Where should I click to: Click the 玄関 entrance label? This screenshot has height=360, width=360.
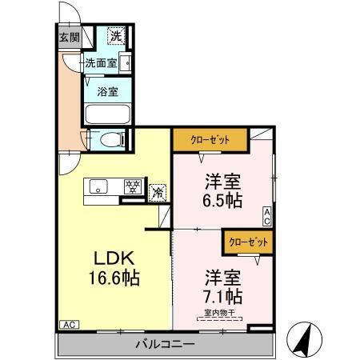pyautogui.click(x=70, y=37)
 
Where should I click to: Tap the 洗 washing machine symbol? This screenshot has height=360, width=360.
pyautogui.click(x=116, y=36)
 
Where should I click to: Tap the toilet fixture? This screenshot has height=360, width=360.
pyautogui.click(x=109, y=140)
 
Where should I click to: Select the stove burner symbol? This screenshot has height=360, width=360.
pyautogui.click(x=133, y=187)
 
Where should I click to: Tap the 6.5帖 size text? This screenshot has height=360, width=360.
pyautogui.click(x=222, y=201)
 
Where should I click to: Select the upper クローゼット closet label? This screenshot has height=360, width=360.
pyautogui.click(x=210, y=139)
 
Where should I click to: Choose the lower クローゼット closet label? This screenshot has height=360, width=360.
pyautogui.click(x=247, y=239)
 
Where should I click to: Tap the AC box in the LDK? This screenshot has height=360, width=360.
pyautogui.click(x=69, y=326)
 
